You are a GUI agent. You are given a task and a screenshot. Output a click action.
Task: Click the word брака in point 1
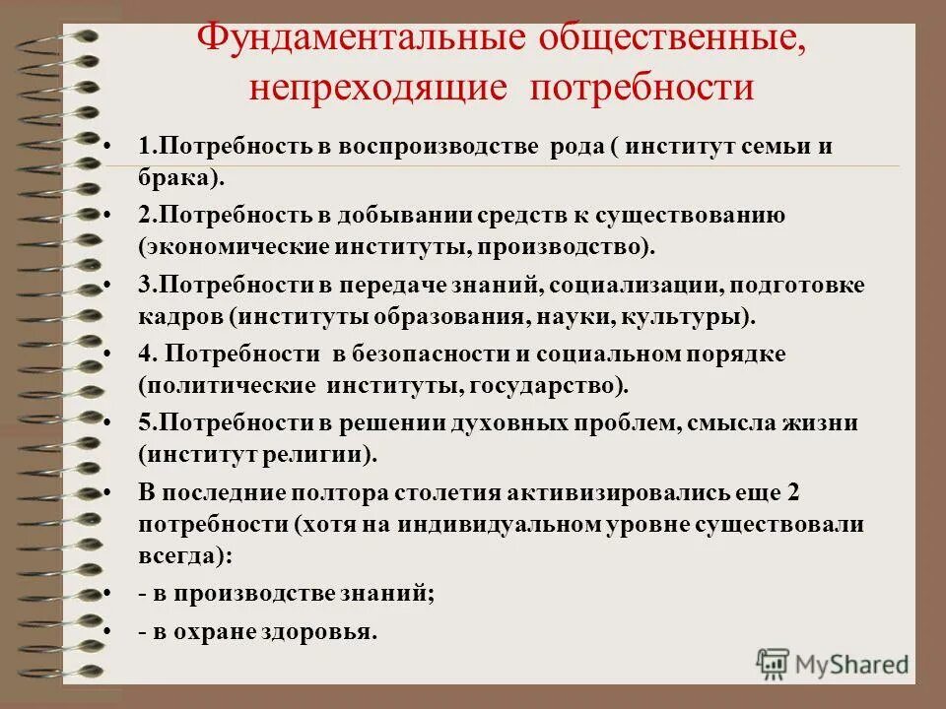click(173, 178)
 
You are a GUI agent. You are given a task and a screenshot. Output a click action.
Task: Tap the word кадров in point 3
click(172, 317)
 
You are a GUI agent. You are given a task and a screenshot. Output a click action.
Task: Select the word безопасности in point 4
click(434, 354)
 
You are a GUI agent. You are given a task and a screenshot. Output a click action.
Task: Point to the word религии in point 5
click(322, 454)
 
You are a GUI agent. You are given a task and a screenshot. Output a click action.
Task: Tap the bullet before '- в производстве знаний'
click(106, 593)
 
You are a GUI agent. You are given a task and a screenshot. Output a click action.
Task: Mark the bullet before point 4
click(106, 354)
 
